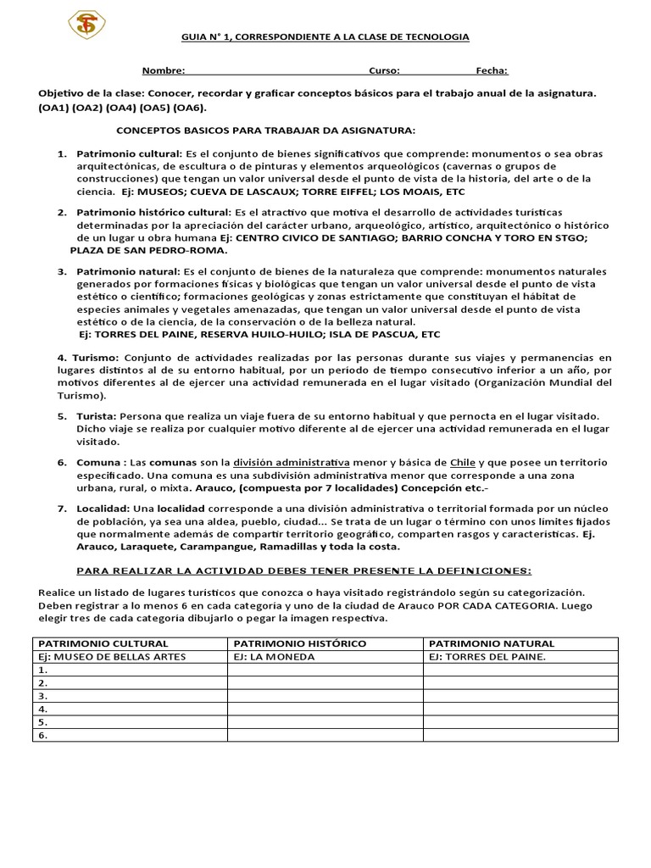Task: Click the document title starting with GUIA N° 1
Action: pyautogui.click(x=325, y=37)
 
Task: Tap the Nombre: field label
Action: pyautogui.click(x=163, y=71)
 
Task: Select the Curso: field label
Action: pyautogui.click(x=384, y=71)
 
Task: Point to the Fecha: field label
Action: pyautogui.click(x=492, y=71)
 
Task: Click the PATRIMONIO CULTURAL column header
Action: pyautogui.click(x=104, y=643)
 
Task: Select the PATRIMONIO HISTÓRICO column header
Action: pyautogui.click(x=300, y=643)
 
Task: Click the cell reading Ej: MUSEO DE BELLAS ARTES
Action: pyautogui.click(x=112, y=656)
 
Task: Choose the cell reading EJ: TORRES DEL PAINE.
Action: pyautogui.click(x=487, y=656)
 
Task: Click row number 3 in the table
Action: pyautogui.click(x=42, y=695)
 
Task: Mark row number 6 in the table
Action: pyautogui.click(x=42, y=735)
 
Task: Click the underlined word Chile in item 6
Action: pyautogui.click(x=463, y=463)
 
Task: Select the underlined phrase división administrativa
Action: pyautogui.click(x=291, y=463)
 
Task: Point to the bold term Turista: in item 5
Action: pyautogui.click(x=97, y=416)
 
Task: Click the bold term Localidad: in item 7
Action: pyautogui.click(x=103, y=509)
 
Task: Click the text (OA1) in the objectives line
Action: pyautogui.click(x=53, y=108)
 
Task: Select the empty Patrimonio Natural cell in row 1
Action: pyautogui.click(x=520, y=670)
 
